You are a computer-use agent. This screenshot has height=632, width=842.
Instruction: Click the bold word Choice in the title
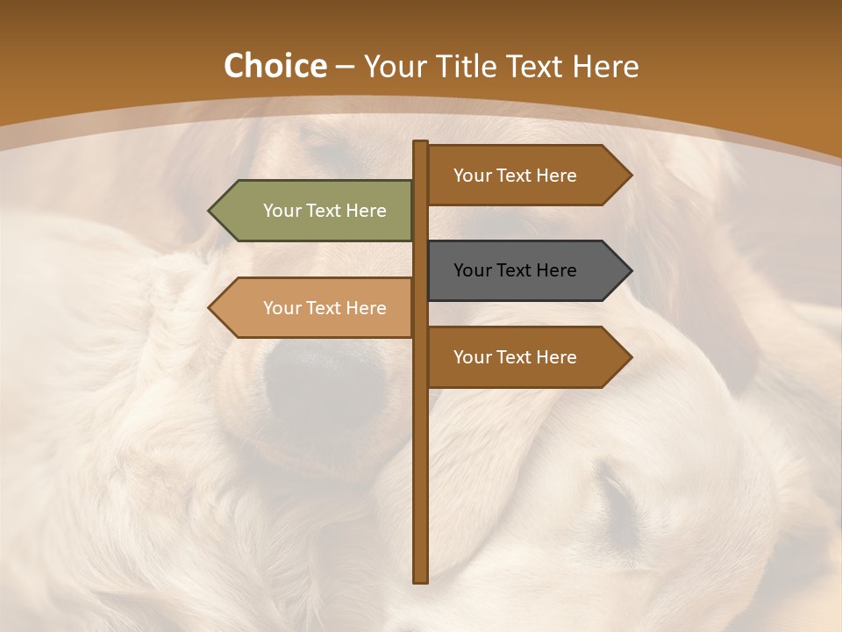275,67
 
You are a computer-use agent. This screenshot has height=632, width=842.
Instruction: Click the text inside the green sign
325,211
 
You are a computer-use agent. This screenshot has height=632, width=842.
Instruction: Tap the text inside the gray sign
515,270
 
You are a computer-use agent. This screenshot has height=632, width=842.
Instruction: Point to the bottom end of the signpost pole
421,578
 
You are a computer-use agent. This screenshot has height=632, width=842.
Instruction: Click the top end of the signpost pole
421,144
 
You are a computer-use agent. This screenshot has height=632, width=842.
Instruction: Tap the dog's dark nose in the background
325,377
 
